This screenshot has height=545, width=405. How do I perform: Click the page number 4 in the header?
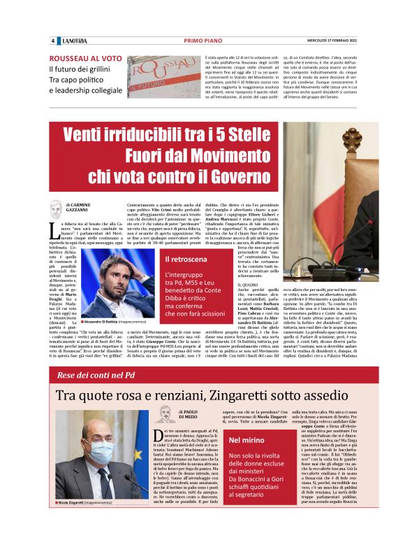(52, 41)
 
